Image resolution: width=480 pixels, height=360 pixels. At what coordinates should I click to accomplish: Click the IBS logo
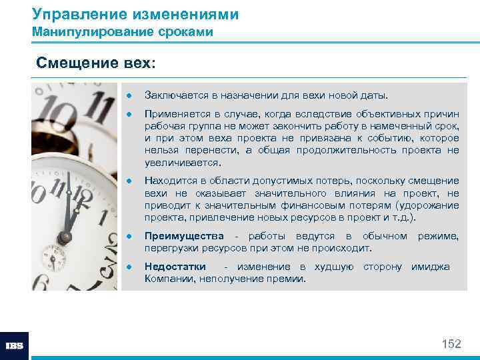pyautogui.click(x=14, y=345)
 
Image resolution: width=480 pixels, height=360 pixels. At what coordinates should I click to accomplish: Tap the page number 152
pyautogui.click(x=451, y=344)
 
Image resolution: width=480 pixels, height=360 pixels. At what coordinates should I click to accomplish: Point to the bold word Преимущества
pyautogui.click(x=185, y=237)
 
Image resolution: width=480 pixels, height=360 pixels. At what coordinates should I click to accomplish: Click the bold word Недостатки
pyautogui.click(x=175, y=267)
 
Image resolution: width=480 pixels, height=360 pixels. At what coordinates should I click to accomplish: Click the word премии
pyautogui.click(x=288, y=279)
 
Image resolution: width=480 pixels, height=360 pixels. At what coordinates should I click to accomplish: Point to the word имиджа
pyautogui.click(x=430, y=267)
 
